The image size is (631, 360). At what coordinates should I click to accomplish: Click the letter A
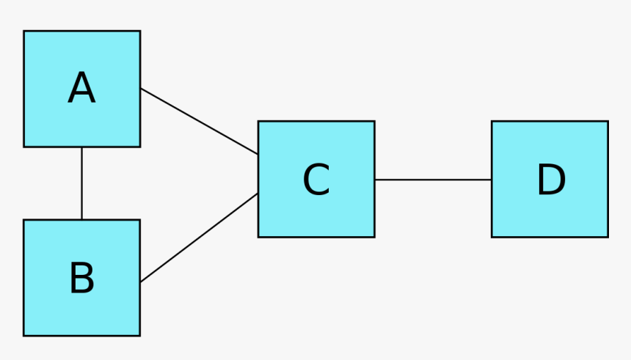(81, 89)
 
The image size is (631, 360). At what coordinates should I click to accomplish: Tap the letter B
(81, 279)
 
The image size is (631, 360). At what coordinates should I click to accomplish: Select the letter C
(316, 180)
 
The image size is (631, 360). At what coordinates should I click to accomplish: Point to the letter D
(550, 180)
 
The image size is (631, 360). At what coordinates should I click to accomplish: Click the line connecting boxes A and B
(81, 183)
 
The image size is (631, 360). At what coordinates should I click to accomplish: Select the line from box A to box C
(199, 122)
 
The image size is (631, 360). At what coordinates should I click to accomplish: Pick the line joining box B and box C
(199, 238)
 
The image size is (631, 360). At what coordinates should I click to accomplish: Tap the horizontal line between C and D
(433, 180)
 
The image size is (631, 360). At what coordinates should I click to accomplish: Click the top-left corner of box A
(23, 31)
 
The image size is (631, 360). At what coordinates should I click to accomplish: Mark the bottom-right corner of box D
(608, 237)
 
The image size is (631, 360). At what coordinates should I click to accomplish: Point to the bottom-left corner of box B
(23, 336)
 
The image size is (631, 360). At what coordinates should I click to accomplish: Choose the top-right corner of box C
(374, 122)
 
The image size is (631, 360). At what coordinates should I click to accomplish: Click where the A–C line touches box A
(140, 89)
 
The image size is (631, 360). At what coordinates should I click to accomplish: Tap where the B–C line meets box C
(258, 194)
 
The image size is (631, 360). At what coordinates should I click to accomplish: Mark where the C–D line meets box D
(492, 180)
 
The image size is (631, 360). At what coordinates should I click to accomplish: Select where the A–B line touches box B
(81, 220)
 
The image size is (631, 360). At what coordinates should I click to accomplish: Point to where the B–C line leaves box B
(140, 282)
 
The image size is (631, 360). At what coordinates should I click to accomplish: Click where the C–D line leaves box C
(374, 180)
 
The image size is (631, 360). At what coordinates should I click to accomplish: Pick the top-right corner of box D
(608, 122)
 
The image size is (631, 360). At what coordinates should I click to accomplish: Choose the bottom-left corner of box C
(258, 237)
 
